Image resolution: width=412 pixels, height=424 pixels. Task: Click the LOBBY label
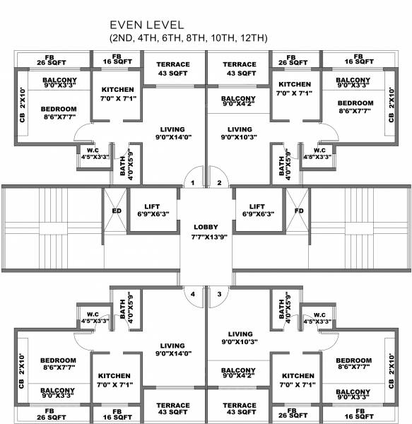pos(206,227)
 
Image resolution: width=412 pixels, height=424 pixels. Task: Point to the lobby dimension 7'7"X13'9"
pos(206,237)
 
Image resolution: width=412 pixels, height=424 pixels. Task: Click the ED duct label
pos(116,210)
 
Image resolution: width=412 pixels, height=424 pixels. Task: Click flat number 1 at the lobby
pos(192,183)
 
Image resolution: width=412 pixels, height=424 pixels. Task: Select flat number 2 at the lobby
pos(220,183)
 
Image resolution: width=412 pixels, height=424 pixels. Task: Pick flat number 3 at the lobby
pos(220,293)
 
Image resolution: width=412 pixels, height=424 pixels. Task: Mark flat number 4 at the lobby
pos(192,293)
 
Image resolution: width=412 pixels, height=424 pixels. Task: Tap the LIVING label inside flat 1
pos(172,129)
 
